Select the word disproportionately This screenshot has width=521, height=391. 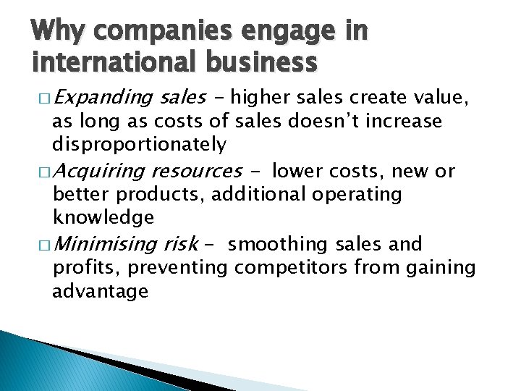point(140,145)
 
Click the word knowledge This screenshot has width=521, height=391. point(103,217)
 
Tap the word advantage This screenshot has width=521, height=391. point(101,292)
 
